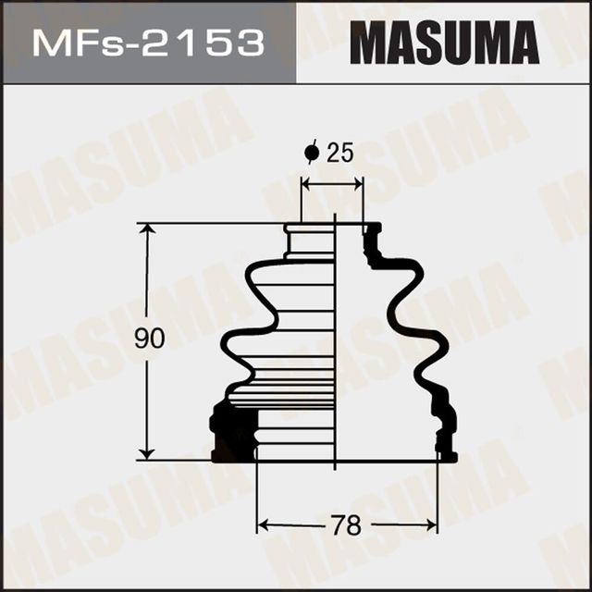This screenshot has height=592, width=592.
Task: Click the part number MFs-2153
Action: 147,43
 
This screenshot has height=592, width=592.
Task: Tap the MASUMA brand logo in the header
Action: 443,43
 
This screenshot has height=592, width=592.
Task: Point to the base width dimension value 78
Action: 346,525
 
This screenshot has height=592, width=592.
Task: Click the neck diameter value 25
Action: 340,154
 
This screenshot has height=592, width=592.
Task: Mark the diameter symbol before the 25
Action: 311,153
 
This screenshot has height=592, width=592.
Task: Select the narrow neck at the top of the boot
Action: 310,242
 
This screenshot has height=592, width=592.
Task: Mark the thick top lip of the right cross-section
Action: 373,231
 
